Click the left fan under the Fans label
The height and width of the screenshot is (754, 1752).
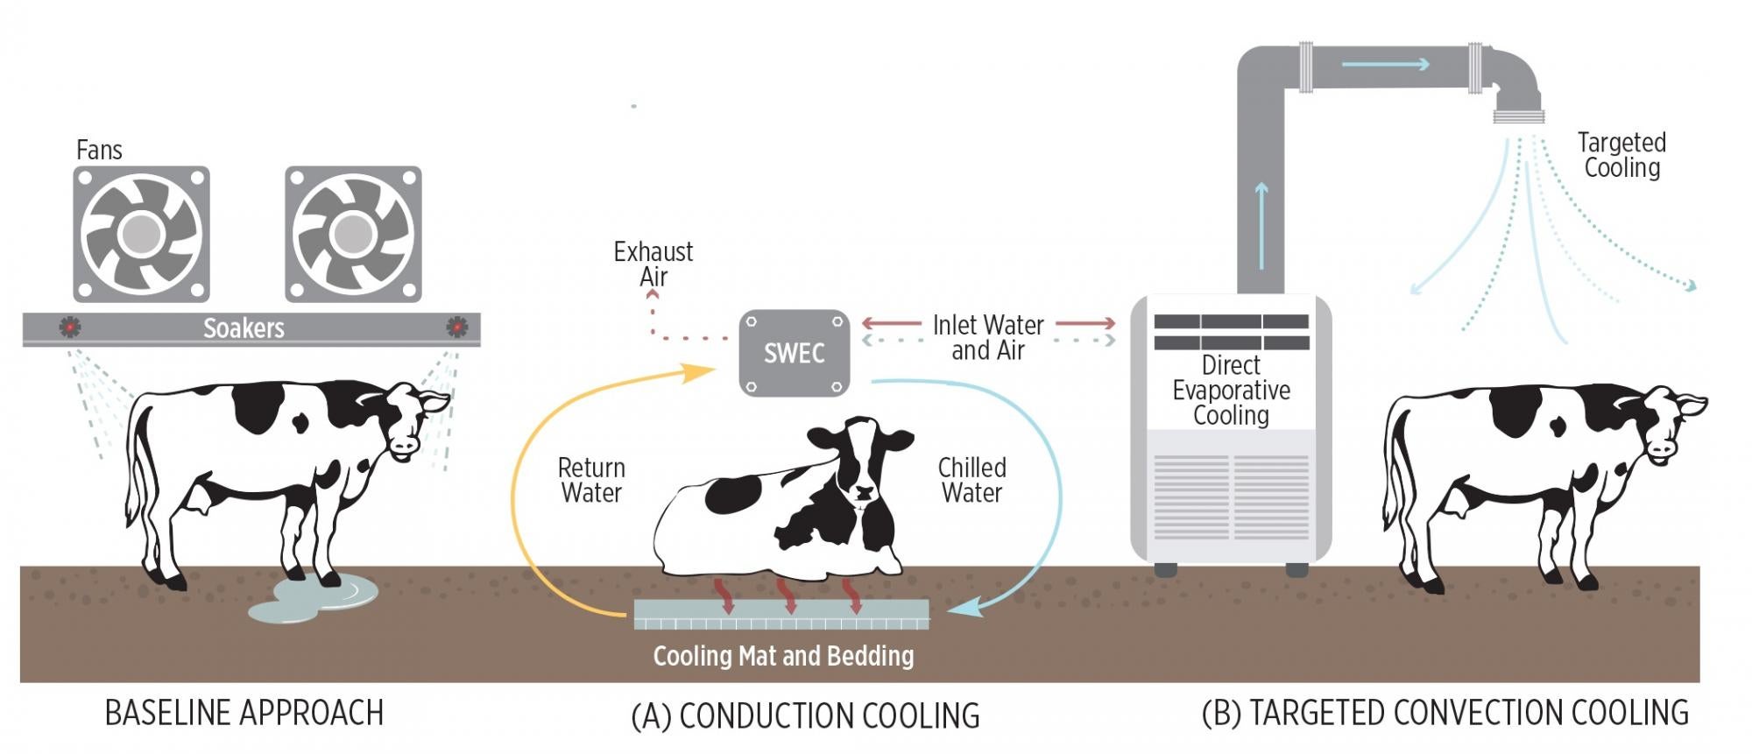141,234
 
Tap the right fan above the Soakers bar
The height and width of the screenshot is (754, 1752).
353,234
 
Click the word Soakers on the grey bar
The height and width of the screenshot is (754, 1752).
244,328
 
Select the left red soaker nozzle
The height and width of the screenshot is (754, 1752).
70,327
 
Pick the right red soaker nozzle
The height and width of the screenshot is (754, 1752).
456,327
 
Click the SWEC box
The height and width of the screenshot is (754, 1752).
794,353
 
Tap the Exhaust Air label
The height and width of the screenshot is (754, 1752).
653,264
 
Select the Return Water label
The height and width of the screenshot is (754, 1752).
591,480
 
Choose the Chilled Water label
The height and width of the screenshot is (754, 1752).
971,480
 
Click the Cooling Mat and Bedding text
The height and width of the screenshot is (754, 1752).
783,656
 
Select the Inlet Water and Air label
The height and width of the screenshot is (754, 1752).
987,337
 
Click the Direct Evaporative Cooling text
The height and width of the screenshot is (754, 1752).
1231,390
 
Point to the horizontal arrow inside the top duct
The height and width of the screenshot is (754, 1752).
1384,64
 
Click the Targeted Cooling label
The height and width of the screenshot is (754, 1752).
1621,155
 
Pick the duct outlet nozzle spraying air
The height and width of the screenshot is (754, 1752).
1518,115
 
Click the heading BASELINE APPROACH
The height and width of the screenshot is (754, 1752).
244,713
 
